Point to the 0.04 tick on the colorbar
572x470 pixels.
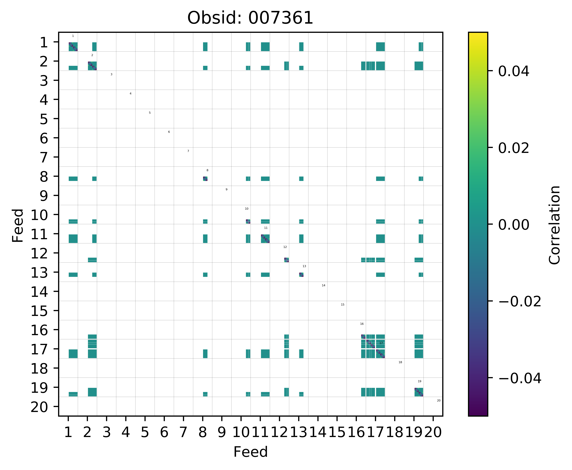coord(513,71)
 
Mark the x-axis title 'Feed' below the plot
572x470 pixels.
coord(250,452)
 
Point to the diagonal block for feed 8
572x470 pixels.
coord(205,179)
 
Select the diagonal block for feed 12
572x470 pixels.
coord(286,260)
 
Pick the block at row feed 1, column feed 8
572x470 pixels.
coord(205,47)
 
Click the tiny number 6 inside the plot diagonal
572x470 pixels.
coord(169,132)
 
